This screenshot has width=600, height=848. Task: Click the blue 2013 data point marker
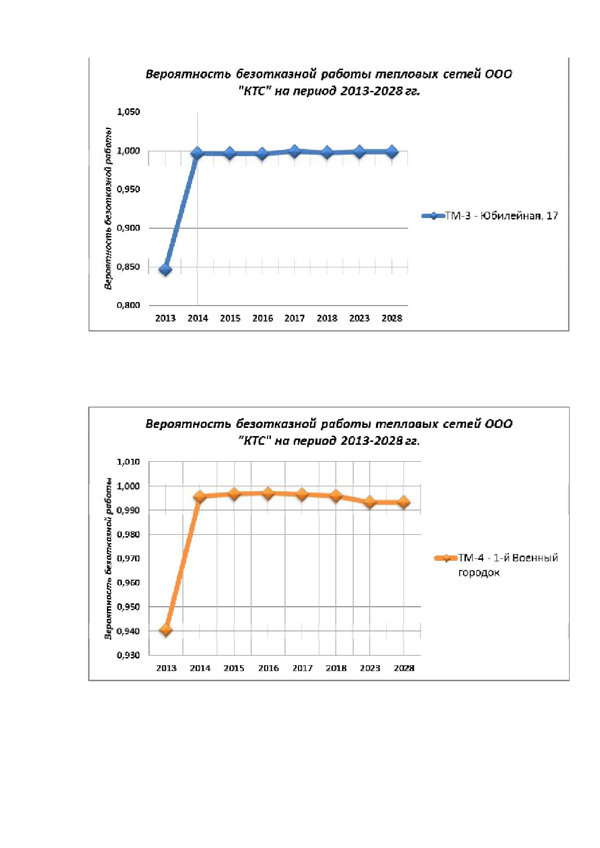coord(165,269)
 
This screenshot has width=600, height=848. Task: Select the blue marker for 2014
coord(197,154)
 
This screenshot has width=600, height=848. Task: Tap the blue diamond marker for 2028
coord(392,152)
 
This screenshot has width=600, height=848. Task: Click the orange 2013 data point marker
coord(166,630)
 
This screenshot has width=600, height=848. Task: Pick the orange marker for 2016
coord(268,493)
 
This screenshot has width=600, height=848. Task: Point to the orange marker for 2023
coord(370,502)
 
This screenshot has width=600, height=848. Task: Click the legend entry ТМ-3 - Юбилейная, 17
coord(490,216)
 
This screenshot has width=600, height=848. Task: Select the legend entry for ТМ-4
coord(495,565)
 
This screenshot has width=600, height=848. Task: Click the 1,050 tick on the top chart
coord(128,112)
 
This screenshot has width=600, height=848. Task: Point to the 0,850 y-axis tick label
coord(128,267)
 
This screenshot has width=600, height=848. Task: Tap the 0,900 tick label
coord(128,228)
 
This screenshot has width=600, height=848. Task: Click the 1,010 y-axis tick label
coord(128,462)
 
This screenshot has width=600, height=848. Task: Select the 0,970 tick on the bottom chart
coord(128,558)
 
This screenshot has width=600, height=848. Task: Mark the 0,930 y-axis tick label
coord(128,655)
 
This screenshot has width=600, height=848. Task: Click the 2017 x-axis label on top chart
coord(295,318)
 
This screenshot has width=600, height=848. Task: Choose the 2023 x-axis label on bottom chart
coord(370,668)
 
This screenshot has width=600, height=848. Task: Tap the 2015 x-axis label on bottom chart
coord(234,668)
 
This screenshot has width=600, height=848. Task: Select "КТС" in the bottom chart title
coord(255,441)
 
